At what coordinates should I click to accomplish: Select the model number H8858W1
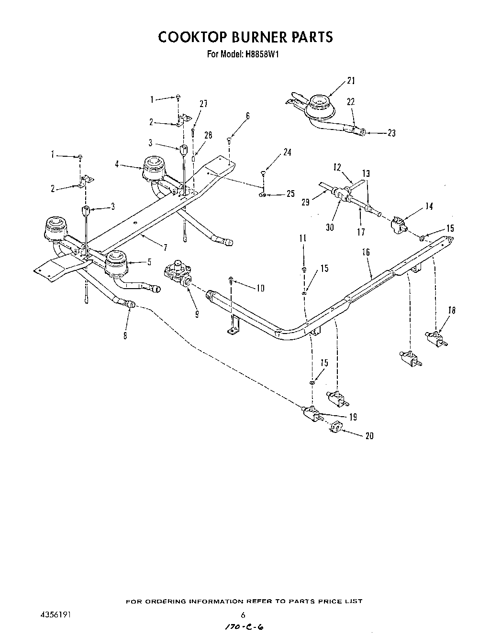261,54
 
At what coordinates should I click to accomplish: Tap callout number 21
351,81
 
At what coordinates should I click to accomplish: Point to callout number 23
391,133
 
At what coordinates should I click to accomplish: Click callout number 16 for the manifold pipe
366,252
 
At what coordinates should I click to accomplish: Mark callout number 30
330,227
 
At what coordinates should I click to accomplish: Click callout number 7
165,247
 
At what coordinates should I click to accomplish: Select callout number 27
203,104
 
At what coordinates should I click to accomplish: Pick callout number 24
287,152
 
